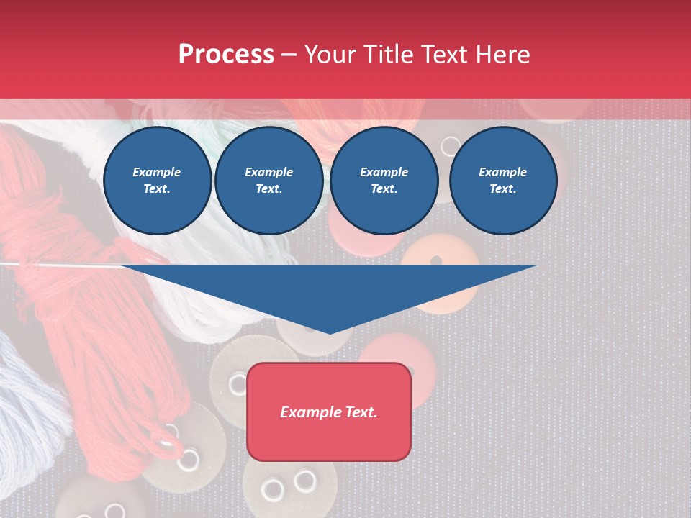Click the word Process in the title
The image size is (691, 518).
pos(226,55)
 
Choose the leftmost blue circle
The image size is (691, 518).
pos(158,181)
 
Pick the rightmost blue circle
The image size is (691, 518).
pos(503,181)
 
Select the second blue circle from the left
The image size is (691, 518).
pos(269,181)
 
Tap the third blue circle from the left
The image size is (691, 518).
pos(384,181)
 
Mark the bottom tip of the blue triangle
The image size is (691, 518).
pos(330,332)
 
